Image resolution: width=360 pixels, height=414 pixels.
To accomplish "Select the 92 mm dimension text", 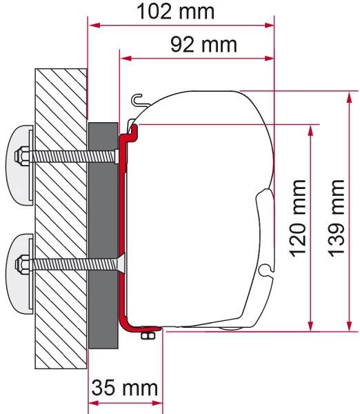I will coord(201,45).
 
